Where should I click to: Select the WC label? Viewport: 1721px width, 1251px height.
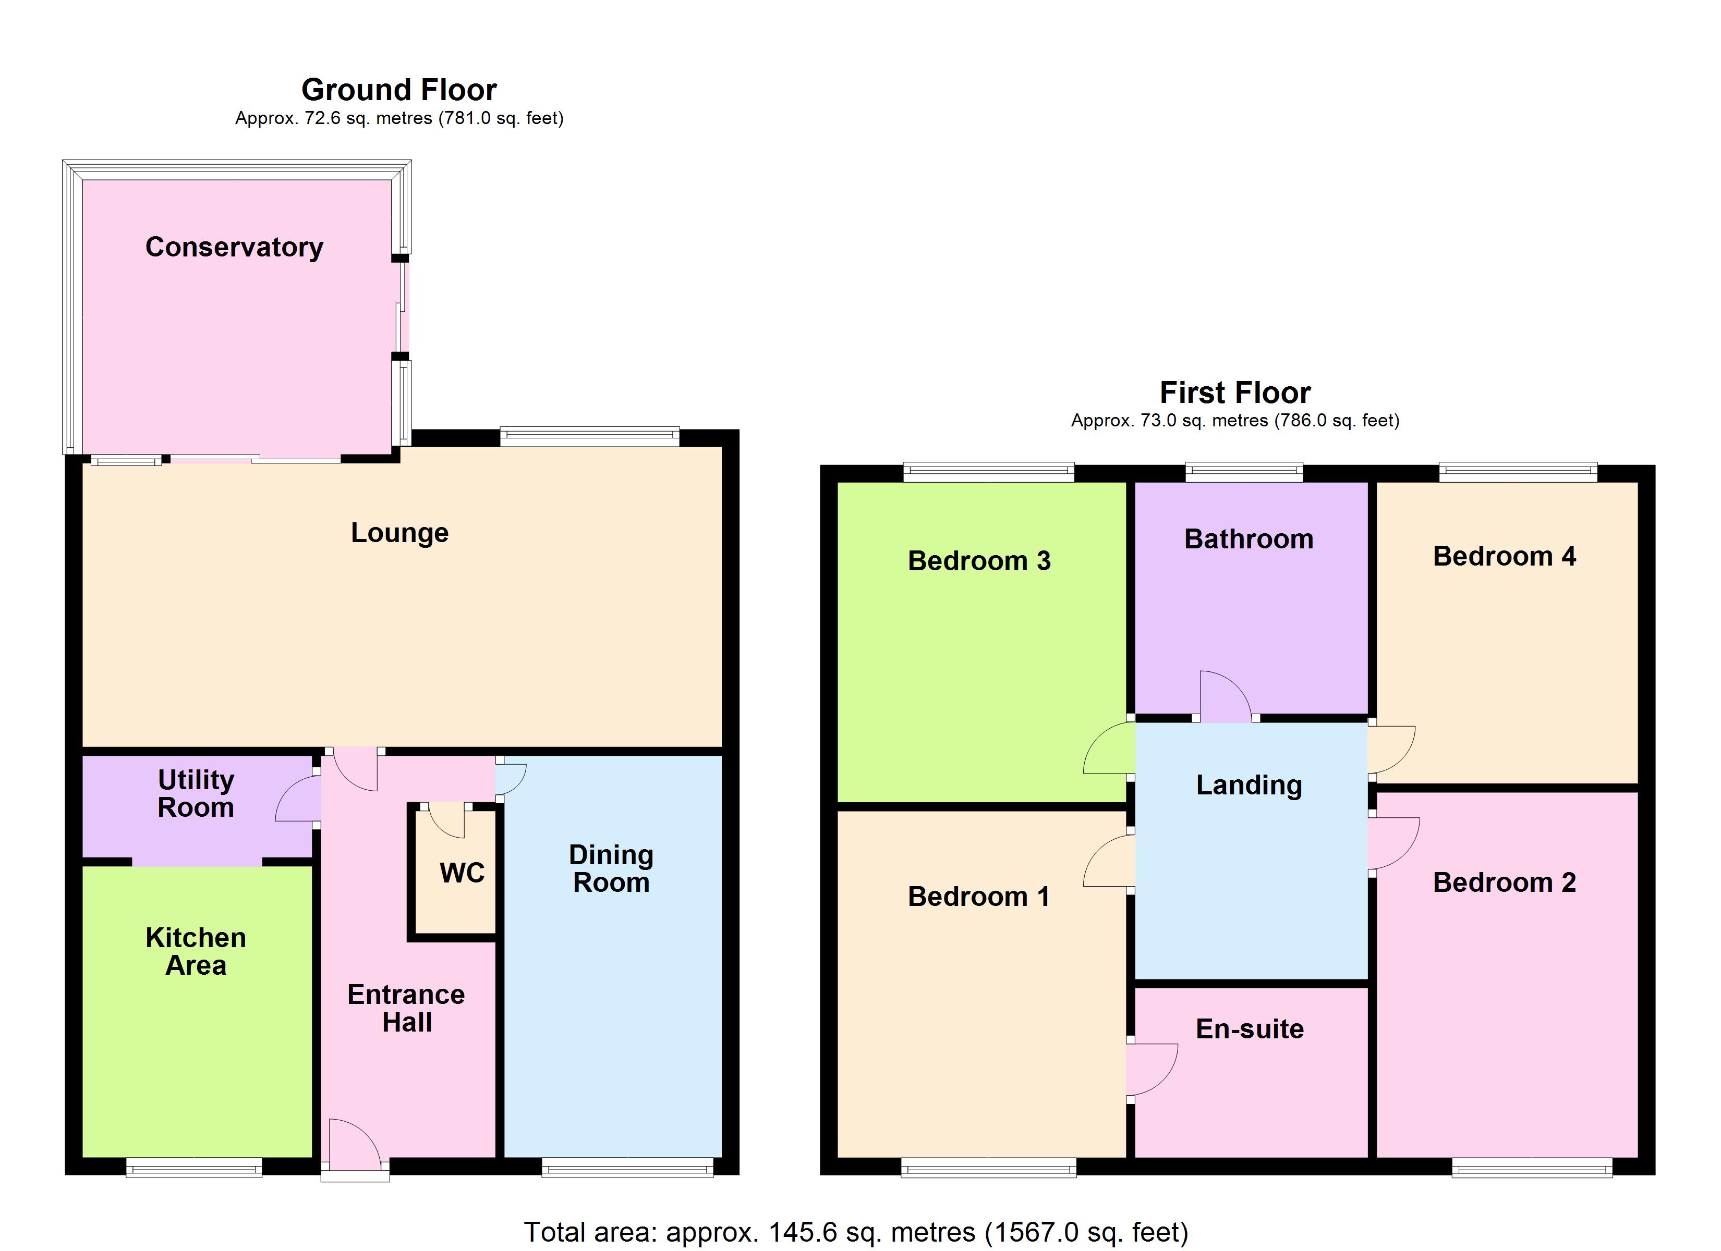[462, 873]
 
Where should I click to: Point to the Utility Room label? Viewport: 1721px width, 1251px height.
[196, 793]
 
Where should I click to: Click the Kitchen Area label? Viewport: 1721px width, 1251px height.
[196, 951]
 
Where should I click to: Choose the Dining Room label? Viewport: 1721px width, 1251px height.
[611, 868]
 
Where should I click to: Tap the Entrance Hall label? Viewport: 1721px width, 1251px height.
[406, 1008]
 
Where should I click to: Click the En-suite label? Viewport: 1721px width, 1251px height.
[1250, 1029]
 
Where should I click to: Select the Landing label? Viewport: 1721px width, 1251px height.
[1249, 784]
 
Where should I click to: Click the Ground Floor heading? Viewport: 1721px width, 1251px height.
[399, 90]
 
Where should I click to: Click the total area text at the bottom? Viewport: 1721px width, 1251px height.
[856, 1232]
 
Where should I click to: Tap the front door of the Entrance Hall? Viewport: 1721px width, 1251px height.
[354, 1146]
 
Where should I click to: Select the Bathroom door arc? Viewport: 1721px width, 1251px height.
[1225, 696]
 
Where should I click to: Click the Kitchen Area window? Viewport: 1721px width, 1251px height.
[193, 1168]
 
